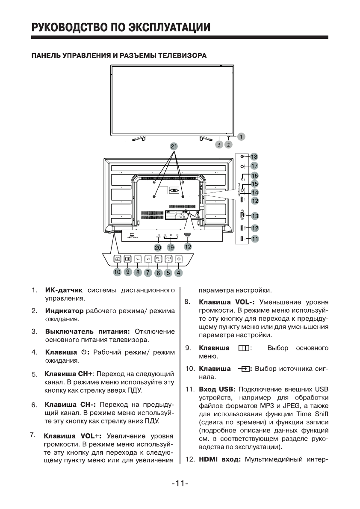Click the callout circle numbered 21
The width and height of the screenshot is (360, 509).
click(x=173, y=146)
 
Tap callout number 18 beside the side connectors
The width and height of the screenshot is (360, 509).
click(x=254, y=157)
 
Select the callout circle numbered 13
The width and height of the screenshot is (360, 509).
click(x=255, y=216)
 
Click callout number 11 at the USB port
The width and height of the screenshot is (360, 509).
click(x=255, y=239)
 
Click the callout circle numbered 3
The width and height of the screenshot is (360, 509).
click(x=219, y=145)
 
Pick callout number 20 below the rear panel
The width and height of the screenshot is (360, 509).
click(x=158, y=247)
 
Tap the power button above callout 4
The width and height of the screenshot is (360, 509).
click(x=179, y=259)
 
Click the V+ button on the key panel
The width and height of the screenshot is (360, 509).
click(x=148, y=259)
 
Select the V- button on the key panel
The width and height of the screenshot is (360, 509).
click(x=138, y=259)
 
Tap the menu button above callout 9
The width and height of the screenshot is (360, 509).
click(x=127, y=259)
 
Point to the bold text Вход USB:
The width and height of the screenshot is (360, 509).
click(x=218, y=389)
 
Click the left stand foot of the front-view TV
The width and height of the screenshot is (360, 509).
click(x=139, y=138)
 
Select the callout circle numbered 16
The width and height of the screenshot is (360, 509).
click(x=255, y=175)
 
